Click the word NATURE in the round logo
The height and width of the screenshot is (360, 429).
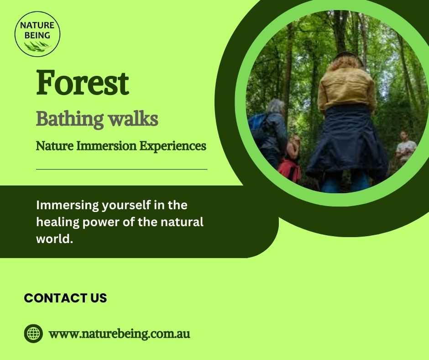[x=37, y=25]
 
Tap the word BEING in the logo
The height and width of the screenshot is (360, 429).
[x=37, y=35]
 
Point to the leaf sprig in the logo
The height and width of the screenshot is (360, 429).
[x=37, y=46]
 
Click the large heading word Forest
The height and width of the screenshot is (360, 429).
[x=82, y=83]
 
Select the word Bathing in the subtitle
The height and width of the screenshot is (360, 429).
[x=70, y=119]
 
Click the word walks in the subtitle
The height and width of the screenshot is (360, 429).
[x=133, y=119]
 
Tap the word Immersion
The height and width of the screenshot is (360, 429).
[x=106, y=146]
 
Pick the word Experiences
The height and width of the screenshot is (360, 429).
[x=173, y=146]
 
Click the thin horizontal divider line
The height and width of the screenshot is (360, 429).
[x=122, y=169]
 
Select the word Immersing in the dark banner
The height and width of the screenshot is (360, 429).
[x=67, y=205]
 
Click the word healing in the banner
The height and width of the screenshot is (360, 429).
[x=58, y=222]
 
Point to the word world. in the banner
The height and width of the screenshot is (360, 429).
[x=55, y=239]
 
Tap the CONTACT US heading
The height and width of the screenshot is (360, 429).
[x=65, y=298]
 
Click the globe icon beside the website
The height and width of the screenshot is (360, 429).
[x=33, y=334]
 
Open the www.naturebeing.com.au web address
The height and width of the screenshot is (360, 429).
[x=119, y=334]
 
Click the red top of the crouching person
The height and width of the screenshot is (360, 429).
[x=289, y=169]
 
